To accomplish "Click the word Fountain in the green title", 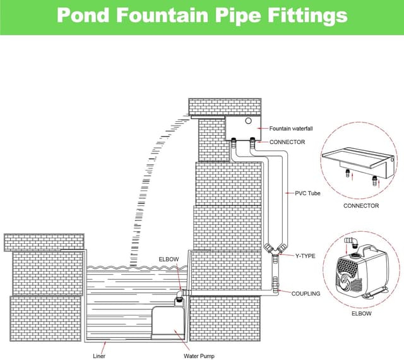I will click(161, 16).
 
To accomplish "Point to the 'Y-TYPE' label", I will click(306, 256).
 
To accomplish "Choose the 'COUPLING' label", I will click(306, 294).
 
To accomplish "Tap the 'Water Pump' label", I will click(199, 356).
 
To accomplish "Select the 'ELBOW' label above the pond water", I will click(167, 260).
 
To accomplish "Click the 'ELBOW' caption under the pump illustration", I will click(361, 313).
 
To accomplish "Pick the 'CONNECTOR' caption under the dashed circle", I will click(361, 205).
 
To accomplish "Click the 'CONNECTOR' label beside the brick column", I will click(287, 142).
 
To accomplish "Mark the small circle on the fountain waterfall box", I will click(249, 121).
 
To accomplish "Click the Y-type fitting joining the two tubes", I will click(273, 250).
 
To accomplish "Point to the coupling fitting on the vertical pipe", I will click(275, 282).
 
